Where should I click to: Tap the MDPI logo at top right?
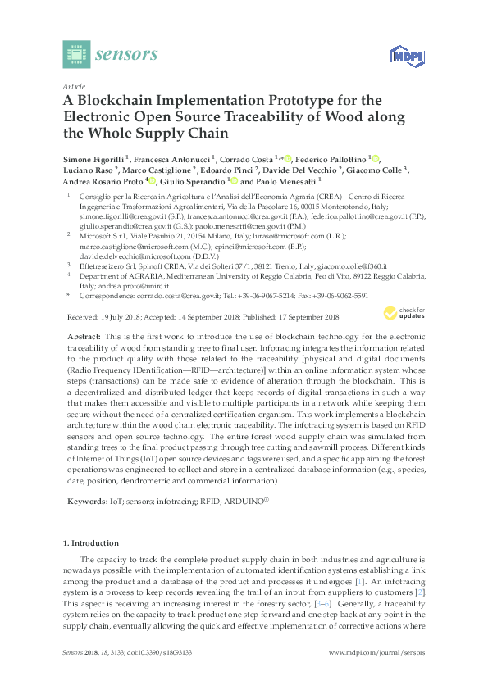click(x=404, y=56)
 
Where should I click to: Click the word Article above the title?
click(x=74, y=86)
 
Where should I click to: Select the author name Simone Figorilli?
click(x=98, y=159)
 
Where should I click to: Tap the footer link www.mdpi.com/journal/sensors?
click(x=376, y=653)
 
